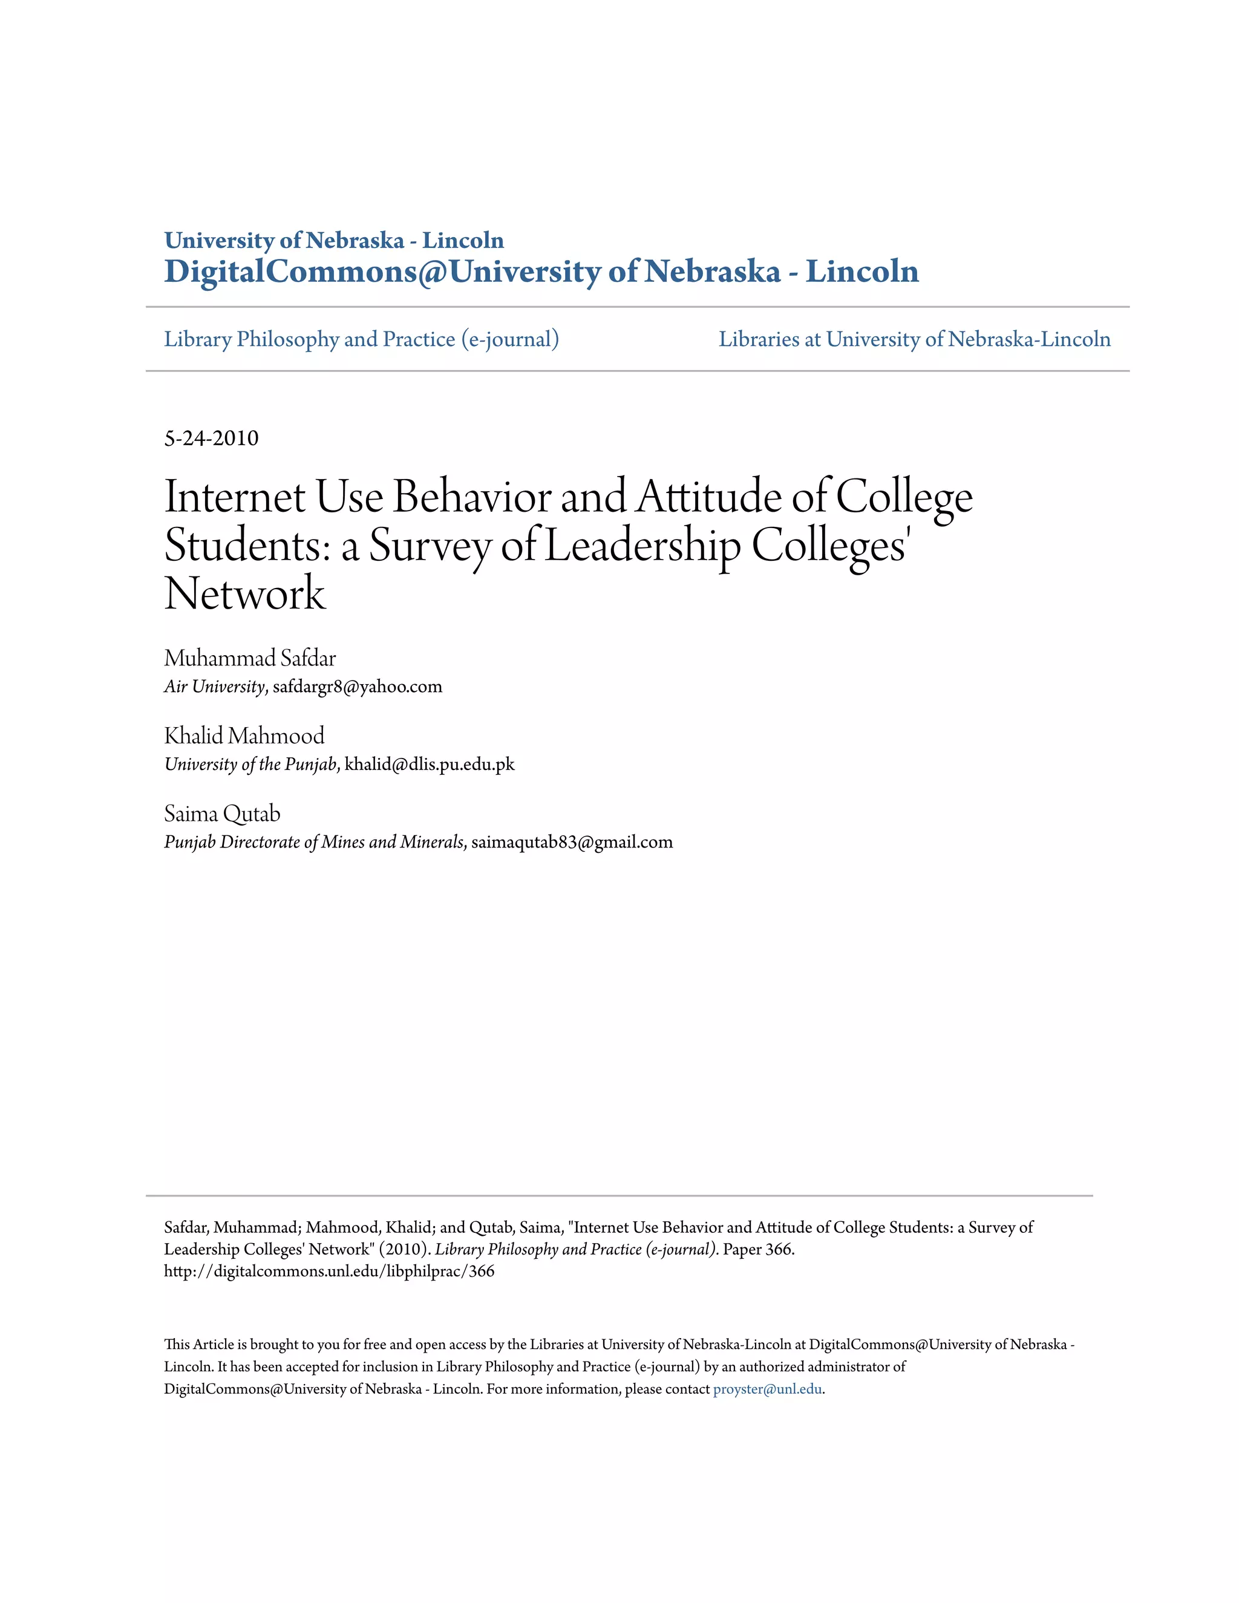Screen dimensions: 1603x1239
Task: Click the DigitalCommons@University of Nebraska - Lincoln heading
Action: click(541, 272)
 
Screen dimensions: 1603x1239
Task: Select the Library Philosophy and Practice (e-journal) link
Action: click(361, 339)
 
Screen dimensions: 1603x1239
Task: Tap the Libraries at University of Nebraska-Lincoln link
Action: click(914, 339)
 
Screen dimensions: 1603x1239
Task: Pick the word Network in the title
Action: click(244, 594)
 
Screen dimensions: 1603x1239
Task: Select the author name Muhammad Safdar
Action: click(250, 658)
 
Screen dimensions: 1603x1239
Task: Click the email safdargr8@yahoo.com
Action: click(358, 687)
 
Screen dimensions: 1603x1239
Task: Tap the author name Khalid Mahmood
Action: click(244, 736)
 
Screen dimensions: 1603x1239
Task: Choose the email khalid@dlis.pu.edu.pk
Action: click(430, 764)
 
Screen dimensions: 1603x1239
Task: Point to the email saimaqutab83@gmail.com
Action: click(572, 842)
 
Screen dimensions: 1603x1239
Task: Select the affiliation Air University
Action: click(214, 687)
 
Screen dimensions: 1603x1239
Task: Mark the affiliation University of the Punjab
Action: click(250, 764)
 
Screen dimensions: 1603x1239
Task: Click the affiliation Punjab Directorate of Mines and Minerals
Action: click(314, 842)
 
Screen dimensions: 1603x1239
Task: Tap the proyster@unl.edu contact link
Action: click(767, 1389)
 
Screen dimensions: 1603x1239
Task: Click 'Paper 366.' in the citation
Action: click(758, 1249)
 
